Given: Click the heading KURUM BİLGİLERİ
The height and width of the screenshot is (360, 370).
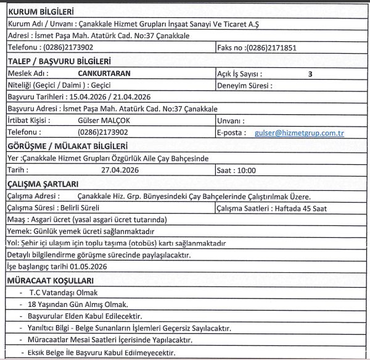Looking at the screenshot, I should point(40,12).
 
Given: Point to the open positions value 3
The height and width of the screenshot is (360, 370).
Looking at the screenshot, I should point(310,73).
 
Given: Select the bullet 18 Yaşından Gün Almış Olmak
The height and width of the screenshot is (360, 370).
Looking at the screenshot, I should point(78,304).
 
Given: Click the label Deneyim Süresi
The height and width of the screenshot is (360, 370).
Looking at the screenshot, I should point(245,86).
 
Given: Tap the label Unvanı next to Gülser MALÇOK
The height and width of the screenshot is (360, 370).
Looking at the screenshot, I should point(230,120).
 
